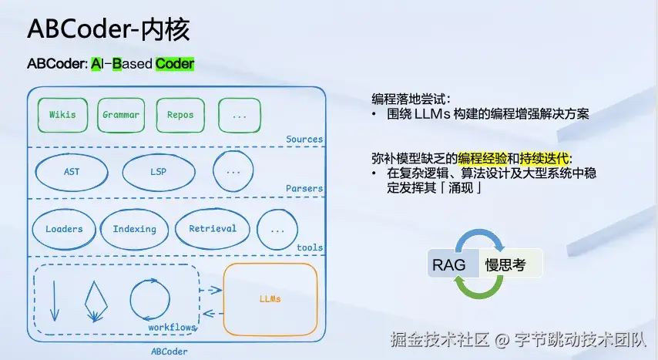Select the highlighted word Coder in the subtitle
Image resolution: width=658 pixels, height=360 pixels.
click(x=174, y=64)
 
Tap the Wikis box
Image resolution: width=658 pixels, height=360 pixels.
click(x=62, y=115)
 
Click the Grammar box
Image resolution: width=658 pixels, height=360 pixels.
click(x=121, y=115)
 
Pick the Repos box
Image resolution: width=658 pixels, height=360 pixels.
click(x=180, y=115)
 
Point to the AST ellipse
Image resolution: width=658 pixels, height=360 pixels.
click(x=71, y=172)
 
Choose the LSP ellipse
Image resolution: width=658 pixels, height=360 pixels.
click(x=158, y=172)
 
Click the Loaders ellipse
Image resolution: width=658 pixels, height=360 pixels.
click(x=63, y=229)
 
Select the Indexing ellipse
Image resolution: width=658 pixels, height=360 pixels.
click(x=134, y=229)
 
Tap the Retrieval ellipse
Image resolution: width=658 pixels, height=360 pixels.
click(x=213, y=228)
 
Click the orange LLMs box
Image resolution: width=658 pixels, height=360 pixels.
click(x=270, y=299)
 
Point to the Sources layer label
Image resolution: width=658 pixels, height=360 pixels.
click(x=304, y=140)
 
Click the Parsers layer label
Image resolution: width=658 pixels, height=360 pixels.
click(x=304, y=188)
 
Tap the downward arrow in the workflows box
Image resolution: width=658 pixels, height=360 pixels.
click(x=54, y=301)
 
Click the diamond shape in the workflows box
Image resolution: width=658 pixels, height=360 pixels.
click(x=96, y=301)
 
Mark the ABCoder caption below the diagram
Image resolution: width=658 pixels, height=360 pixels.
click(x=169, y=352)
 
